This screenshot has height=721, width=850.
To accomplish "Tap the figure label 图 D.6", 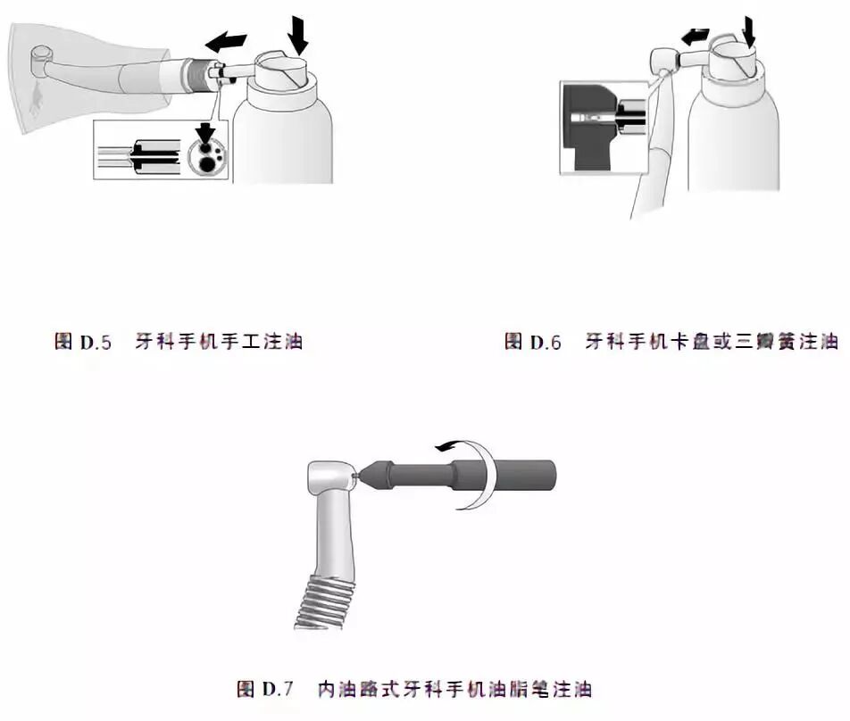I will coord(533,341).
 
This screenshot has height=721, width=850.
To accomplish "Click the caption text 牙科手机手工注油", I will coord(218,341).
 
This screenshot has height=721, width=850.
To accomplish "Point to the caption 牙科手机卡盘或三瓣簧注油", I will coord(711,341).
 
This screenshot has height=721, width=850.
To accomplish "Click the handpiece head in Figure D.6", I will coord(662,61).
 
